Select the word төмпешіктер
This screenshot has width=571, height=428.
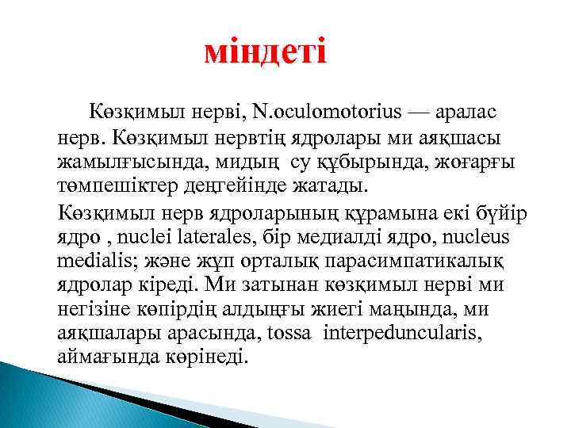pos(107,189)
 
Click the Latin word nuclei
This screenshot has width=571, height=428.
pos(133,238)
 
